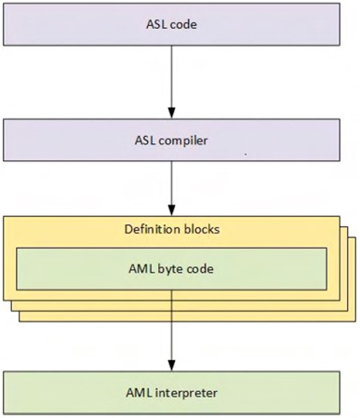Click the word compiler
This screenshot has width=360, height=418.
[x=193, y=141]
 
